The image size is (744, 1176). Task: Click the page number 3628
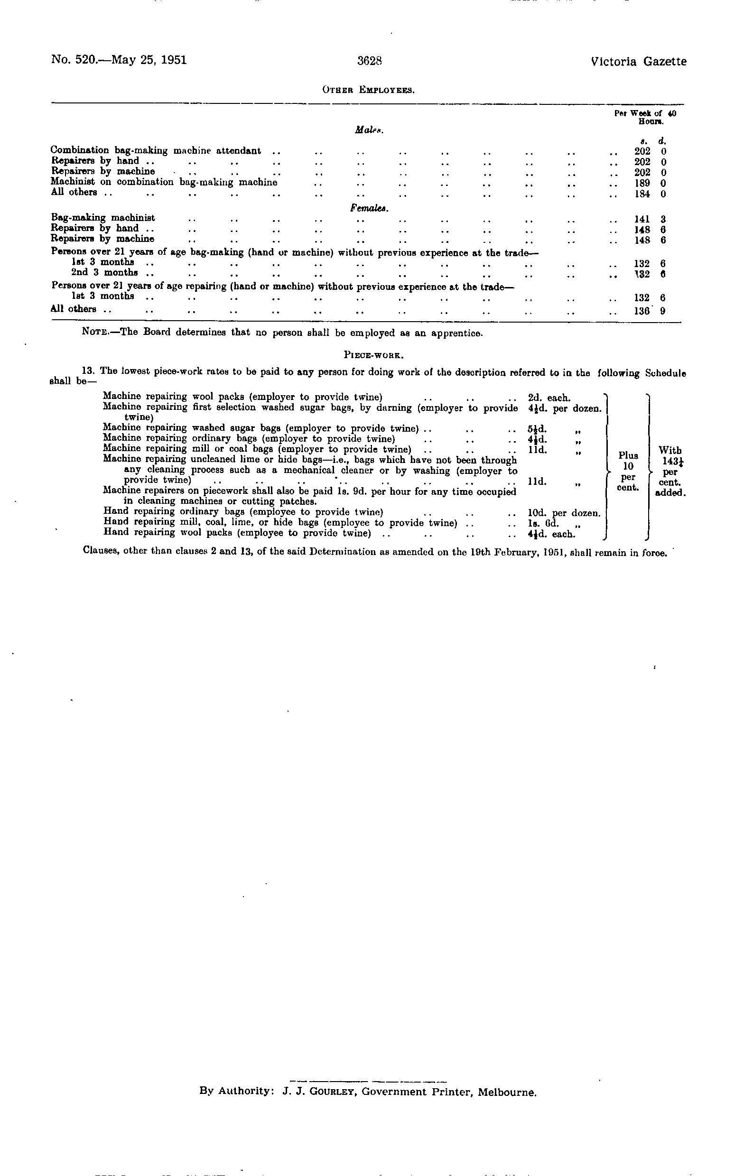(369, 61)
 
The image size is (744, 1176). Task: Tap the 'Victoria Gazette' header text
(638, 62)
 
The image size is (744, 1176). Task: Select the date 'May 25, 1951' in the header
(149, 60)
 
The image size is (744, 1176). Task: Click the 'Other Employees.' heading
(369, 90)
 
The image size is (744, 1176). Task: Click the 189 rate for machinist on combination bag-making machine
(642, 183)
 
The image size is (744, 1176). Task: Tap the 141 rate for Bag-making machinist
(642, 219)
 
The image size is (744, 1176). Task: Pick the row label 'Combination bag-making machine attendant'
(155, 151)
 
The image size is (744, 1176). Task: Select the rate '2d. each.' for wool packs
(549, 398)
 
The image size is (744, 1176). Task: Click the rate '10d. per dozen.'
(564, 513)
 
